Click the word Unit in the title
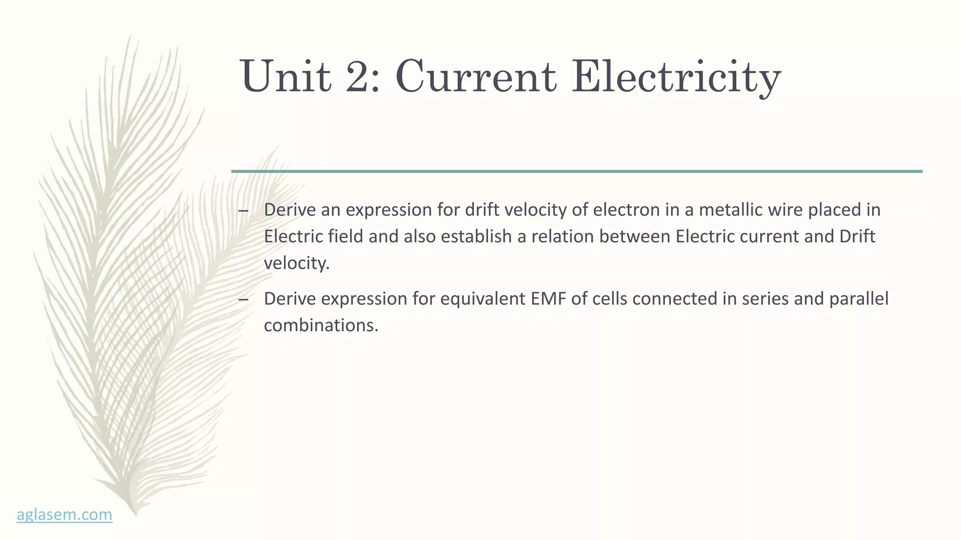285,76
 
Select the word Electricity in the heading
676,76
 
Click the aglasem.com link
64,515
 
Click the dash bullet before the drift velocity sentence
243,210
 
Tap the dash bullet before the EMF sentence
243,300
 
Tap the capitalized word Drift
857,237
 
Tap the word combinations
321,326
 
